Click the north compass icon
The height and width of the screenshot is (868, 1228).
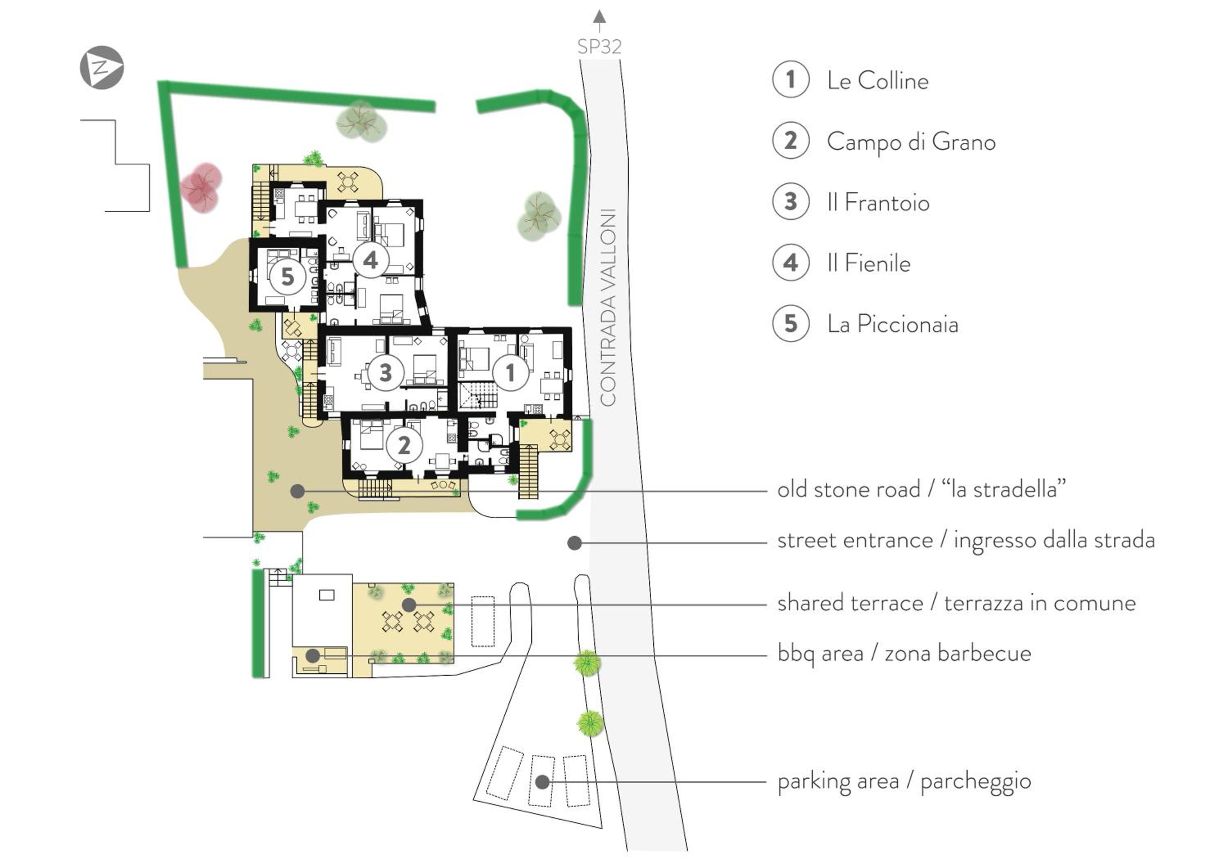102,68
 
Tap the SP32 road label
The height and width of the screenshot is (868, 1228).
599,47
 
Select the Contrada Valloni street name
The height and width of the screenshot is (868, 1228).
608,307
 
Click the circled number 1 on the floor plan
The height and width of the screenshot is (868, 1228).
510,373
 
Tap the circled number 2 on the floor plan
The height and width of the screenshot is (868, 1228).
404,445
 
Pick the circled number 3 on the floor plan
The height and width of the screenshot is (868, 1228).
385,373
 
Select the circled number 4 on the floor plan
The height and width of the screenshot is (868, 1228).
370,260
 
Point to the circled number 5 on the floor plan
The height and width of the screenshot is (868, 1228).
287,277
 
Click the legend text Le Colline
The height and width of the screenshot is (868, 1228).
878,81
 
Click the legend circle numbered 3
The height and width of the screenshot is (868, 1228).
790,202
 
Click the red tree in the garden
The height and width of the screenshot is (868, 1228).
201,187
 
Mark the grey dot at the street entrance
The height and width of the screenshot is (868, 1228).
574,543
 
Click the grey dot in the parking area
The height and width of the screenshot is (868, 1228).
542,782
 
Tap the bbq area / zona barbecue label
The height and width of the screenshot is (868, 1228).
904,654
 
